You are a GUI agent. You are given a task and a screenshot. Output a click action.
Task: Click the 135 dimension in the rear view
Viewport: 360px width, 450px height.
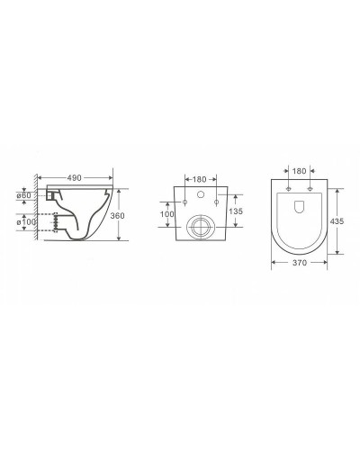pos(236,212)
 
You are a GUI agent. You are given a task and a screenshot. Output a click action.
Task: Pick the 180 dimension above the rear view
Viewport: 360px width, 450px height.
pos(200,179)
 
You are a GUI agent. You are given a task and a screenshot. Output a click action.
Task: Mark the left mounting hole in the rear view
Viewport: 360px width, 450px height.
pos(185,202)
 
